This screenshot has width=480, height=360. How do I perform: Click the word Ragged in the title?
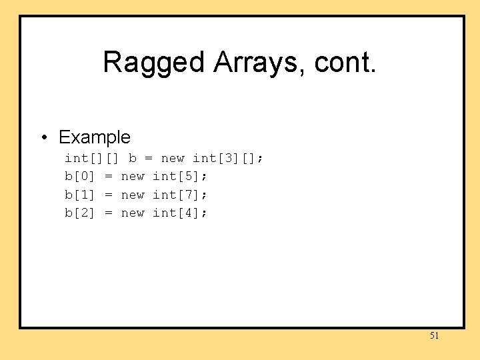coord(154,63)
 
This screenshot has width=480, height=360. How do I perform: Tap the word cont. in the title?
coord(344,63)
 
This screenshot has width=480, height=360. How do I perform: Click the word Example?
coord(95,137)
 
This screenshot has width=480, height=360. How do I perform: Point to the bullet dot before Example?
coord(43,138)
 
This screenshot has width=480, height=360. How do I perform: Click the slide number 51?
coord(434,335)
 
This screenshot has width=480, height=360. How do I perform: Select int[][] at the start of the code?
coord(92,159)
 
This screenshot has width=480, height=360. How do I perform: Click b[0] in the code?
coord(80,177)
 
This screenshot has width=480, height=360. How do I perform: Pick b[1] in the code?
coord(80,195)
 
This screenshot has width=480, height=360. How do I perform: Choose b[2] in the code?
coord(80,213)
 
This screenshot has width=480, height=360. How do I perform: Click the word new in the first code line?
coord(173,159)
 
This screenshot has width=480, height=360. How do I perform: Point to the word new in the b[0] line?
coord(133,177)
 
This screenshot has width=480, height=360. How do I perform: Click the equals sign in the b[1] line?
coord(108,195)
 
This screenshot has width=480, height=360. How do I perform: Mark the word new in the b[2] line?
coord(133,213)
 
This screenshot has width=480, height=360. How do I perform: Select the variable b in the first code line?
coord(133,159)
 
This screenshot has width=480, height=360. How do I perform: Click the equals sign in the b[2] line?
coord(108,213)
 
